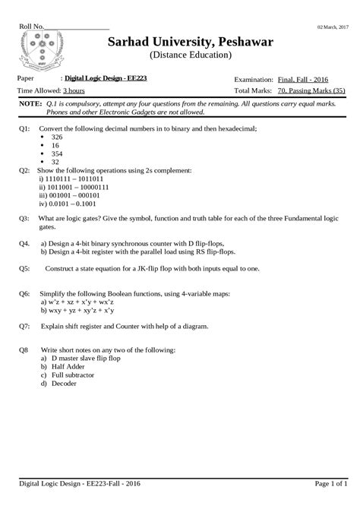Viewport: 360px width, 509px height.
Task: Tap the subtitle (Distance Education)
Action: tap(191, 55)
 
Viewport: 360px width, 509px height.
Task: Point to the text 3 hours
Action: tap(74, 90)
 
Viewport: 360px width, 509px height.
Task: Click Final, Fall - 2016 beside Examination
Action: tap(303, 78)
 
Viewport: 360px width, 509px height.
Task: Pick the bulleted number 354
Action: tap(56, 154)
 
